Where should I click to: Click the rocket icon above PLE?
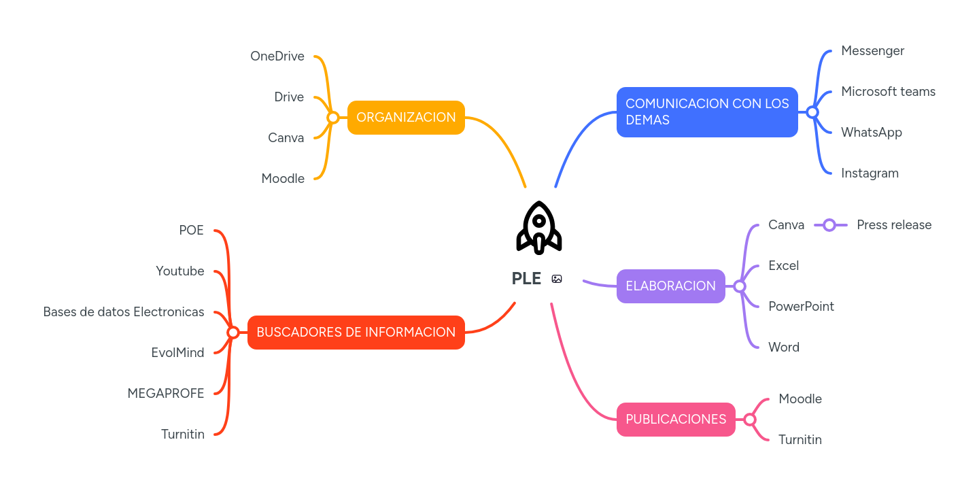coord(539,228)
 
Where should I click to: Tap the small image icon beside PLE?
coord(557,279)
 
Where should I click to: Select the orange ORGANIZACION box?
coord(406,118)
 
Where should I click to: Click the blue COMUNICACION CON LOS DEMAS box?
coord(707,112)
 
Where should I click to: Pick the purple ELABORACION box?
coord(670,286)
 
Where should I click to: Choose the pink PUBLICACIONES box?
coord(676,420)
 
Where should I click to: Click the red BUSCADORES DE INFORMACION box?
coord(356,333)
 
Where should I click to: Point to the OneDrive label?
coord(277,56)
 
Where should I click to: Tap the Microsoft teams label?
coord(888,92)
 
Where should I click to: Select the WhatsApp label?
coord(872,133)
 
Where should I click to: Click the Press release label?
coord(894,225)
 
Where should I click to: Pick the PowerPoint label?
coord(801,307)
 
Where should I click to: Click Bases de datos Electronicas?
coord(124,312)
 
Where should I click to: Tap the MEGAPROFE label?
coord(166,394)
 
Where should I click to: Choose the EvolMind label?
coord(177,353)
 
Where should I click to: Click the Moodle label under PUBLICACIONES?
coord(800,399)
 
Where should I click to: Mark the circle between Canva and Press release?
coord(829,225)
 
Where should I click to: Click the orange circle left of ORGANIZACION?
coord(332,118)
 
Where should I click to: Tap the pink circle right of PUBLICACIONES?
coord(750,420)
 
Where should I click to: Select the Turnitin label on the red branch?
coord(183,435)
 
